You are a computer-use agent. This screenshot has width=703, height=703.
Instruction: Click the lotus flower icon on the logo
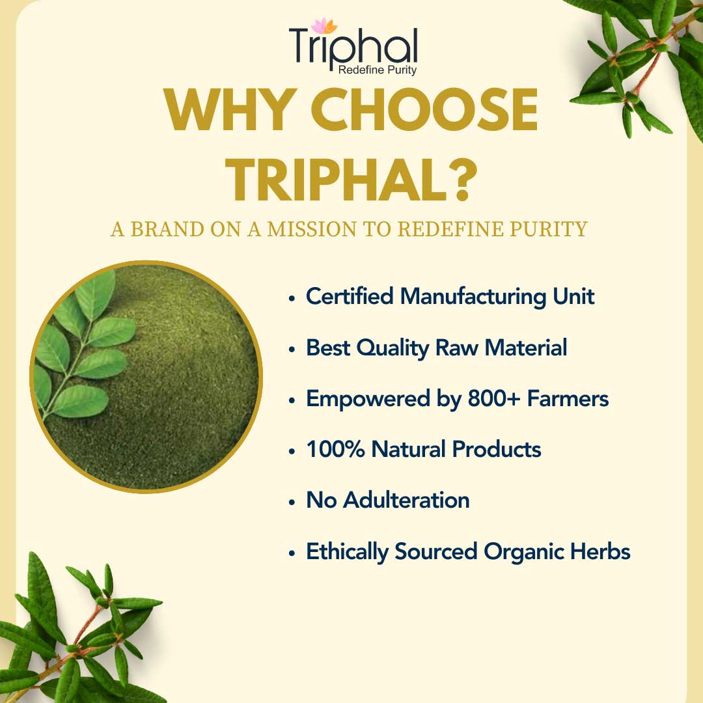pos(324,25)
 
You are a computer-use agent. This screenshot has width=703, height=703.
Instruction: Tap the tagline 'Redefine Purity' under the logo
pos(378,70)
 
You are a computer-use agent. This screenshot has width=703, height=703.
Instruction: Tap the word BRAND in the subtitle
pos(167,229)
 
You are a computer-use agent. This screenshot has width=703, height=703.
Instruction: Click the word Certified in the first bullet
pos(350,296)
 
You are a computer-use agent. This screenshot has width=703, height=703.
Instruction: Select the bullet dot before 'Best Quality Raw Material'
pos(292,350)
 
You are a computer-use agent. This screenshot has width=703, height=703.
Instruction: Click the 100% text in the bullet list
pos(335,449)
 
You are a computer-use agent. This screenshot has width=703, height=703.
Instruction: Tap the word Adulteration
pos(407,501)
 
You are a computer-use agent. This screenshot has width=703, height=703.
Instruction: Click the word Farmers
pos(568,398)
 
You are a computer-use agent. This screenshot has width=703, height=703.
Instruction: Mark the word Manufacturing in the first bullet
pos(473,297)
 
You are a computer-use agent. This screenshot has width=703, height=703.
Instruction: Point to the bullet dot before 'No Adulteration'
pos(292,503)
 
